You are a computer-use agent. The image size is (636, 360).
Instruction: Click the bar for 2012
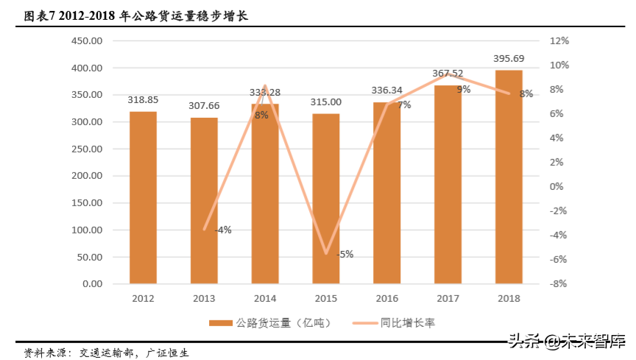[143, 197]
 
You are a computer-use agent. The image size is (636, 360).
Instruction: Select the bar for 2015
[325, 199]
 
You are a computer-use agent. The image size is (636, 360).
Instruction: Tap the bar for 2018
[509, 177]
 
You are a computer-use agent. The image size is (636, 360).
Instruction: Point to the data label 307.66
[204, 106]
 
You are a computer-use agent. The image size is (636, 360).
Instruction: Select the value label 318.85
[143, 99]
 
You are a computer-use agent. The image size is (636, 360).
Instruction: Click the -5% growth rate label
[344, 254]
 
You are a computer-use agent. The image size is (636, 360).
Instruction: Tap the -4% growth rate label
[223, 230]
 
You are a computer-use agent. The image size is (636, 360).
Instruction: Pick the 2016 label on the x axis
[386, 299]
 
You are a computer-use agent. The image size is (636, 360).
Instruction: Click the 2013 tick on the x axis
[204, 299]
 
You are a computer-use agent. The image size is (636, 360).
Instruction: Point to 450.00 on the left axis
[87, 41]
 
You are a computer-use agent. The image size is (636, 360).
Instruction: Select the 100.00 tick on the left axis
[87, 230]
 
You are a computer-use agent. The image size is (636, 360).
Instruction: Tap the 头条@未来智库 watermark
[567, 341]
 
